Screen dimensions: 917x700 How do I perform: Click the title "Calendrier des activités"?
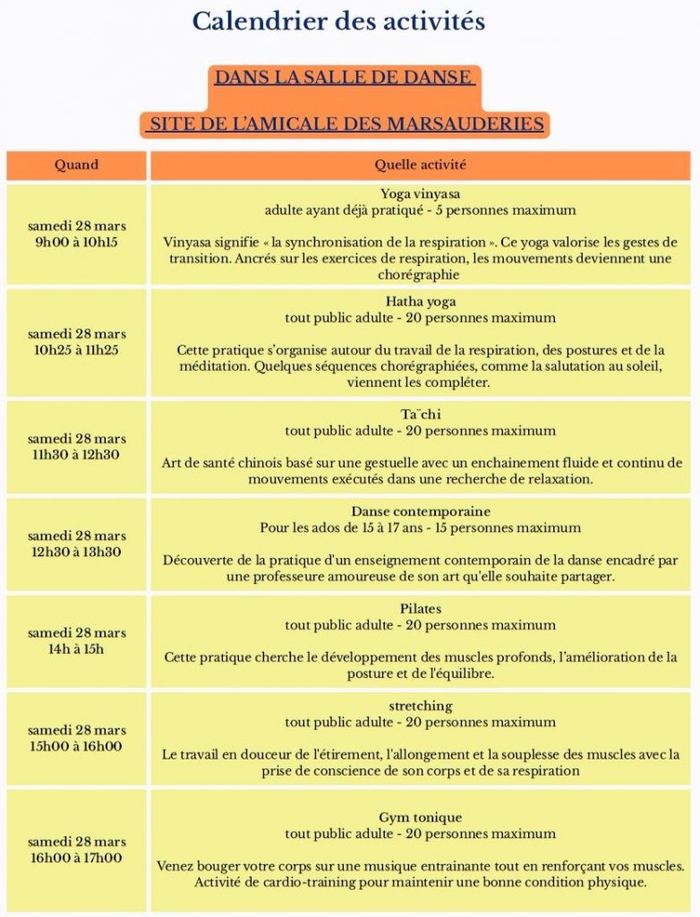coord(338,21)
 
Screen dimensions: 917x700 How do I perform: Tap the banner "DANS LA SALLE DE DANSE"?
coord(343,78)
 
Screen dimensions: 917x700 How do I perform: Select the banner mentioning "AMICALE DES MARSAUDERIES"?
coord(346,124)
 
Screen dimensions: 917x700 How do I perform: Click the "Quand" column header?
coord(76,165)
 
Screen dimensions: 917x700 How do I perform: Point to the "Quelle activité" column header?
coord(420,165)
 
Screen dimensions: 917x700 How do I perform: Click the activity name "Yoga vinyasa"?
coord(420,193)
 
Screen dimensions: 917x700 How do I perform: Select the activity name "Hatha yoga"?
coord(420,302)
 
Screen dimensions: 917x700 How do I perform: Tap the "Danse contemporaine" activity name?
coord(420,511)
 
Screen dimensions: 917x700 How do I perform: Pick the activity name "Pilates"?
coord(420,609)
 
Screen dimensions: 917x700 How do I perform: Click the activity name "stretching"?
coord(420,706)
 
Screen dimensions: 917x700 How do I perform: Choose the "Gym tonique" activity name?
coord(420,818)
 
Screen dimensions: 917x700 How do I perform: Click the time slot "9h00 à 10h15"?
coord(76,242)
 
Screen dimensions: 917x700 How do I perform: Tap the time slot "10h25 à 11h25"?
coord(76,350)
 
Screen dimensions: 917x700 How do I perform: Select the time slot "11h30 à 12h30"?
coord(76,455)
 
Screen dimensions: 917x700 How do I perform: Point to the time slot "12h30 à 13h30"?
coord(76,552)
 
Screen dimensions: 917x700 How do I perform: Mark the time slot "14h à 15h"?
coord(76,648)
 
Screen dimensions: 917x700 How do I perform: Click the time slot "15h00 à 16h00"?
coord(76,746)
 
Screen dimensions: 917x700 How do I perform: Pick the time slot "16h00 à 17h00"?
coord(76,858)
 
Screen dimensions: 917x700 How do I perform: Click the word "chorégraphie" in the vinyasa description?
coord(420,275)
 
